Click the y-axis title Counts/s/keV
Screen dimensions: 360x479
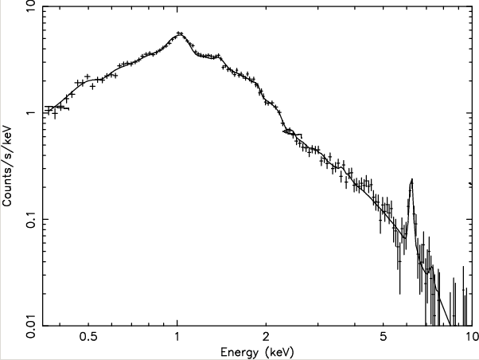point(8,166)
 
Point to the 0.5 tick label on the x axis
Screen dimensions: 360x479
point(88,338)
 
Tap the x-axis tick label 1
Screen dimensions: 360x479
point(177,338)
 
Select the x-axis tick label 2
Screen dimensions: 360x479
point(267,338)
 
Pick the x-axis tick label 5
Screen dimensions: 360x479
point(384,338)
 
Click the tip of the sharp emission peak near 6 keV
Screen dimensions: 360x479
point(411,180)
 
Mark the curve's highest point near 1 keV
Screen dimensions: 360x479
point(179,34)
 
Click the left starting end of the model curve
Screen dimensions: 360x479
point(45,107)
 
